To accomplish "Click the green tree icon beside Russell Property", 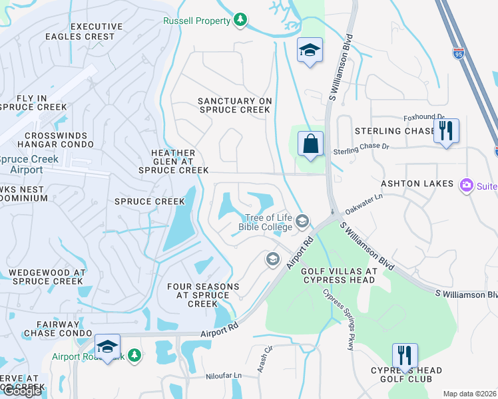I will tap(240, 21).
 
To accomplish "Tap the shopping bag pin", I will tap(310, 144).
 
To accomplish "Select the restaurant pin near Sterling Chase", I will tap(445, 130).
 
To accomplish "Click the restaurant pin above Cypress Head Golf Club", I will tap(404, 356).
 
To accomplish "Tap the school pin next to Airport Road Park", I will tap(107, 346).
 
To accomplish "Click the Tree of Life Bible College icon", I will tap(302, 220).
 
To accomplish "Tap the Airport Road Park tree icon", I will tap(134, 356).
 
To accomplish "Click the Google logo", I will tap(21, 391).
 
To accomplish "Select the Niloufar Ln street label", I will tap(222, 376).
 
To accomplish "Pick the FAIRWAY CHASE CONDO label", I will tap(57, 328).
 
